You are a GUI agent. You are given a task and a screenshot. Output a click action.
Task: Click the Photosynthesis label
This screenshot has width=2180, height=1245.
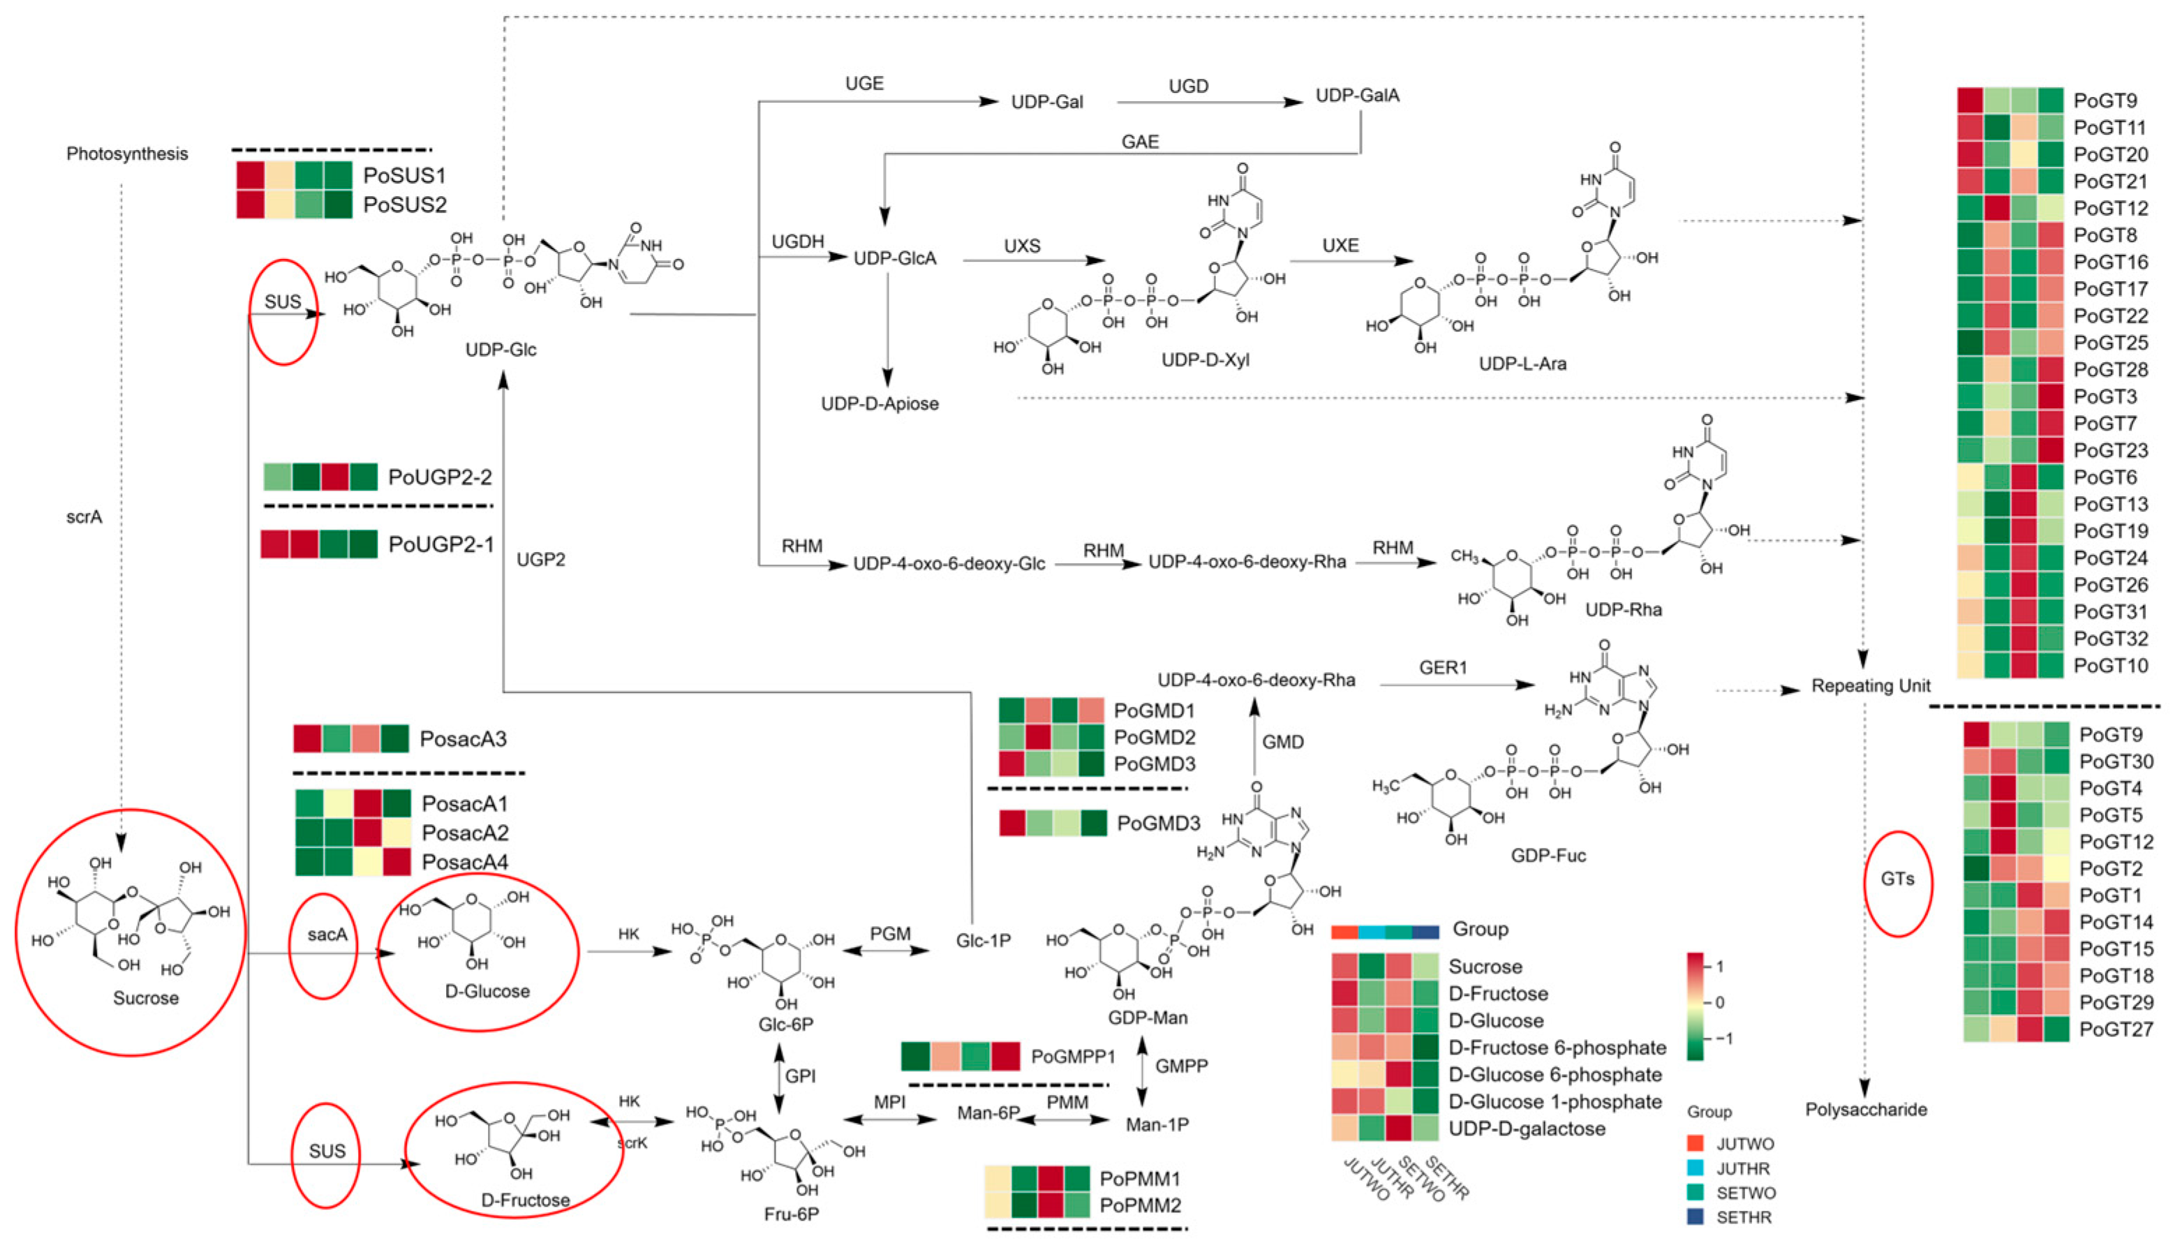coord(128,154)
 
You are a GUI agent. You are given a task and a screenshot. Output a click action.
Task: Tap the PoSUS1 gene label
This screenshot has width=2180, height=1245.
coord(405,175)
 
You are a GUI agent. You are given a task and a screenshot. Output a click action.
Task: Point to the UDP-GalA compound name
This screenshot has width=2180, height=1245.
coord(1357,95)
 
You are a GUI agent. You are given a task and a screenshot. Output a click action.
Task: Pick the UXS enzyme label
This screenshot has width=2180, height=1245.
coord(1022,246)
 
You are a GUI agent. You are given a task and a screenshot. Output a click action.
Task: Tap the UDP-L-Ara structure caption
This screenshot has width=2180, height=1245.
coord(1522,364)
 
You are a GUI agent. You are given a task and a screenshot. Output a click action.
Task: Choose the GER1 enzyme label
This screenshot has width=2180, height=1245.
coord(1443,667)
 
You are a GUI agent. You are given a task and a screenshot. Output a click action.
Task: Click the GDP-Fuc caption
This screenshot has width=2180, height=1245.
coord(1548,855)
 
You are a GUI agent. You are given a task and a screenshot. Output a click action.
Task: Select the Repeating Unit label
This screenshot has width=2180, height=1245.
coord(1870,686)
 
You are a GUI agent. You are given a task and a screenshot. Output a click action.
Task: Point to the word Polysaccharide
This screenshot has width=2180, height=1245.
coord(1865,1109)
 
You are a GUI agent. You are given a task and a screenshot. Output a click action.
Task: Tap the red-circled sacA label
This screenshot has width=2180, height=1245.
coord(327,934)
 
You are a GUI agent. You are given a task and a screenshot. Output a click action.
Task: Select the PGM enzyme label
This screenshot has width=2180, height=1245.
coord(889,934)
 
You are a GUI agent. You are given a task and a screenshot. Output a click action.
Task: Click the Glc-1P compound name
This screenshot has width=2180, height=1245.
coord(983,941)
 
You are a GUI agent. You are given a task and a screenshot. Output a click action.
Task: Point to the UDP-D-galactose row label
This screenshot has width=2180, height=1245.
coord(1527,1128)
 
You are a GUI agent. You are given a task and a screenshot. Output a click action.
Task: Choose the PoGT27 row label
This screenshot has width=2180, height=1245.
coord(2116,1029)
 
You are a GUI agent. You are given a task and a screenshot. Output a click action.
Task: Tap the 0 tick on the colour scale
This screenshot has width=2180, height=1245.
coord(1720,1002)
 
